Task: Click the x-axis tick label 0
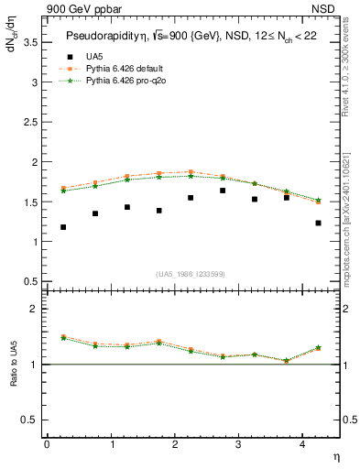47,443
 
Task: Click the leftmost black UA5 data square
63,227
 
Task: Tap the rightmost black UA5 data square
318,223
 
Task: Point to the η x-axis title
335,455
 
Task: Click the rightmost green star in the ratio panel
318,348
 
